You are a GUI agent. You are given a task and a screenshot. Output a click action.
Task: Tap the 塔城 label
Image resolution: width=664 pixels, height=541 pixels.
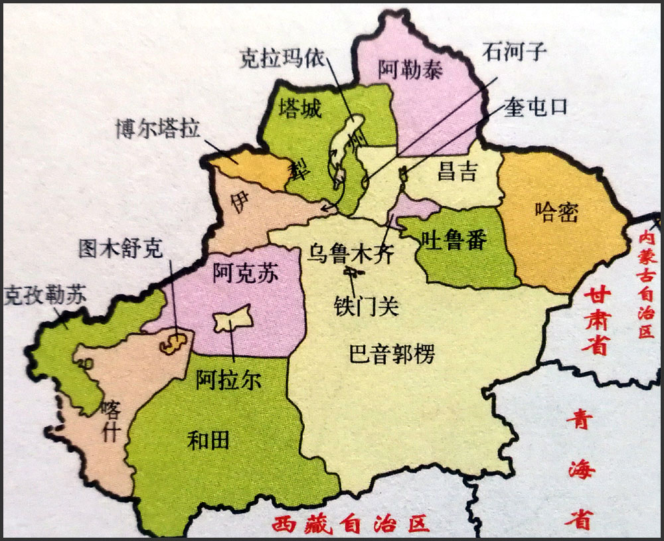coord(300,108)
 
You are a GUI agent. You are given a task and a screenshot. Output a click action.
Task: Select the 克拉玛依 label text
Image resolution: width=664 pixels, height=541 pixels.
coord(282,59)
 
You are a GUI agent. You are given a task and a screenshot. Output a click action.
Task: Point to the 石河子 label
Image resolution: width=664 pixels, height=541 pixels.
coord(515,52)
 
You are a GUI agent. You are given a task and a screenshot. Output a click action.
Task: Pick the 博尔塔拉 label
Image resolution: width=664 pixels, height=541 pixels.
coord(157,129)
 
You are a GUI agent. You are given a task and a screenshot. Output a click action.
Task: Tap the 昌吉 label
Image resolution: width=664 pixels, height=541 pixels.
coord(457,172)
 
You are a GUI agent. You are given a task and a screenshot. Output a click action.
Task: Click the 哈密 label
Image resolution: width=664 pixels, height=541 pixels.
coord(556,212)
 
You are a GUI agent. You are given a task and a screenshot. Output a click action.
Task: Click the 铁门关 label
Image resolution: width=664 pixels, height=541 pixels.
coord(366,305)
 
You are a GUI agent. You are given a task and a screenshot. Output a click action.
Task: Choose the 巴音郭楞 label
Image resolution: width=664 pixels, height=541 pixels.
coord(392,354)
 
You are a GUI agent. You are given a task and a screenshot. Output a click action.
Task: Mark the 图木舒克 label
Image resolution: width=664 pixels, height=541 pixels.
coord(120,248)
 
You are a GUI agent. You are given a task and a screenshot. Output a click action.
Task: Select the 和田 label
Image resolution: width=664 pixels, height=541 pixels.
coord(208,439)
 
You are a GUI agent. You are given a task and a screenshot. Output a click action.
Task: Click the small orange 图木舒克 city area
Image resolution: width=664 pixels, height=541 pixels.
coord(175,341)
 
